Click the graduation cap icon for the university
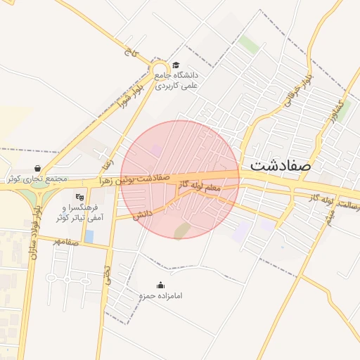pos(175,65)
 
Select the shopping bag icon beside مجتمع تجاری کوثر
pos(37,168)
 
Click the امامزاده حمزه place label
pos(161,296)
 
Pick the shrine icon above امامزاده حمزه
pos(160,285)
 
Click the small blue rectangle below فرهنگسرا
pos(89,236)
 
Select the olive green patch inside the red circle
pos(182,230)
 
